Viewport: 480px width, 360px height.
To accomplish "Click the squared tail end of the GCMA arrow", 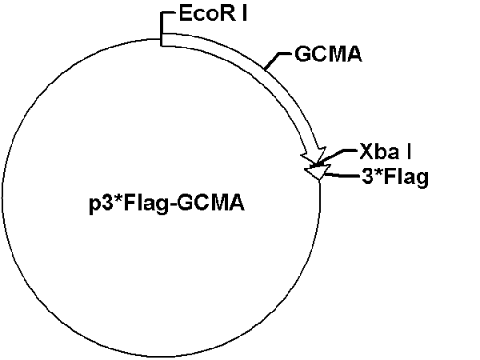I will click(x=163, y=40).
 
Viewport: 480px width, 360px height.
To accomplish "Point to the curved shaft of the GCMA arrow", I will click(x=256, y=73).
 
